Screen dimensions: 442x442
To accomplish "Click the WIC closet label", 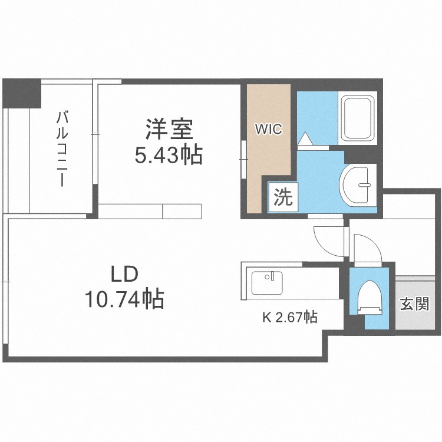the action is pyautogui.click(x=268, y=130).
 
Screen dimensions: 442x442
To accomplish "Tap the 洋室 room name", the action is pyautogui.click(x=169, y=130).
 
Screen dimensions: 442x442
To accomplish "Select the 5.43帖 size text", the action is pyautogui.click(x=169, y=156).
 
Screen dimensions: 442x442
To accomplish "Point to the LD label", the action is pyautogui.click(x=124, y=275).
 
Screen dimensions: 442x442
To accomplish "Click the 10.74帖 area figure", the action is pyautogui.click(x=124, y=299).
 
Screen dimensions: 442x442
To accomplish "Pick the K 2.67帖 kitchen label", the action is pyautogui.click(x=290, y=318).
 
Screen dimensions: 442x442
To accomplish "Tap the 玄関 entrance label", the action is pyautogui.click(x=415, y=304).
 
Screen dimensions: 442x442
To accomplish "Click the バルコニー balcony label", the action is pyautogui.click(x=62, y=149).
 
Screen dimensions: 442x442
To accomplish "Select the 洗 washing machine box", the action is pyautogui.click(x=283, y=197).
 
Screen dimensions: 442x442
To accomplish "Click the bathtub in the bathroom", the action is pyautogui.click(x=358, y=118).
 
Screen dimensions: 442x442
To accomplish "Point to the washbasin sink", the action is pyautogui.click(x=358, y=185).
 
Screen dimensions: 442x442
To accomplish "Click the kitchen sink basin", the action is pyautogui.click(x=267, y=283).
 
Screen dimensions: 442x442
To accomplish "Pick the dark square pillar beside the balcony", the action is pyautogui.click(x=22, y=93).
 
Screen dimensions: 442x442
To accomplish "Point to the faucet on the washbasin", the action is pyautogui.click(x=364, y=185).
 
